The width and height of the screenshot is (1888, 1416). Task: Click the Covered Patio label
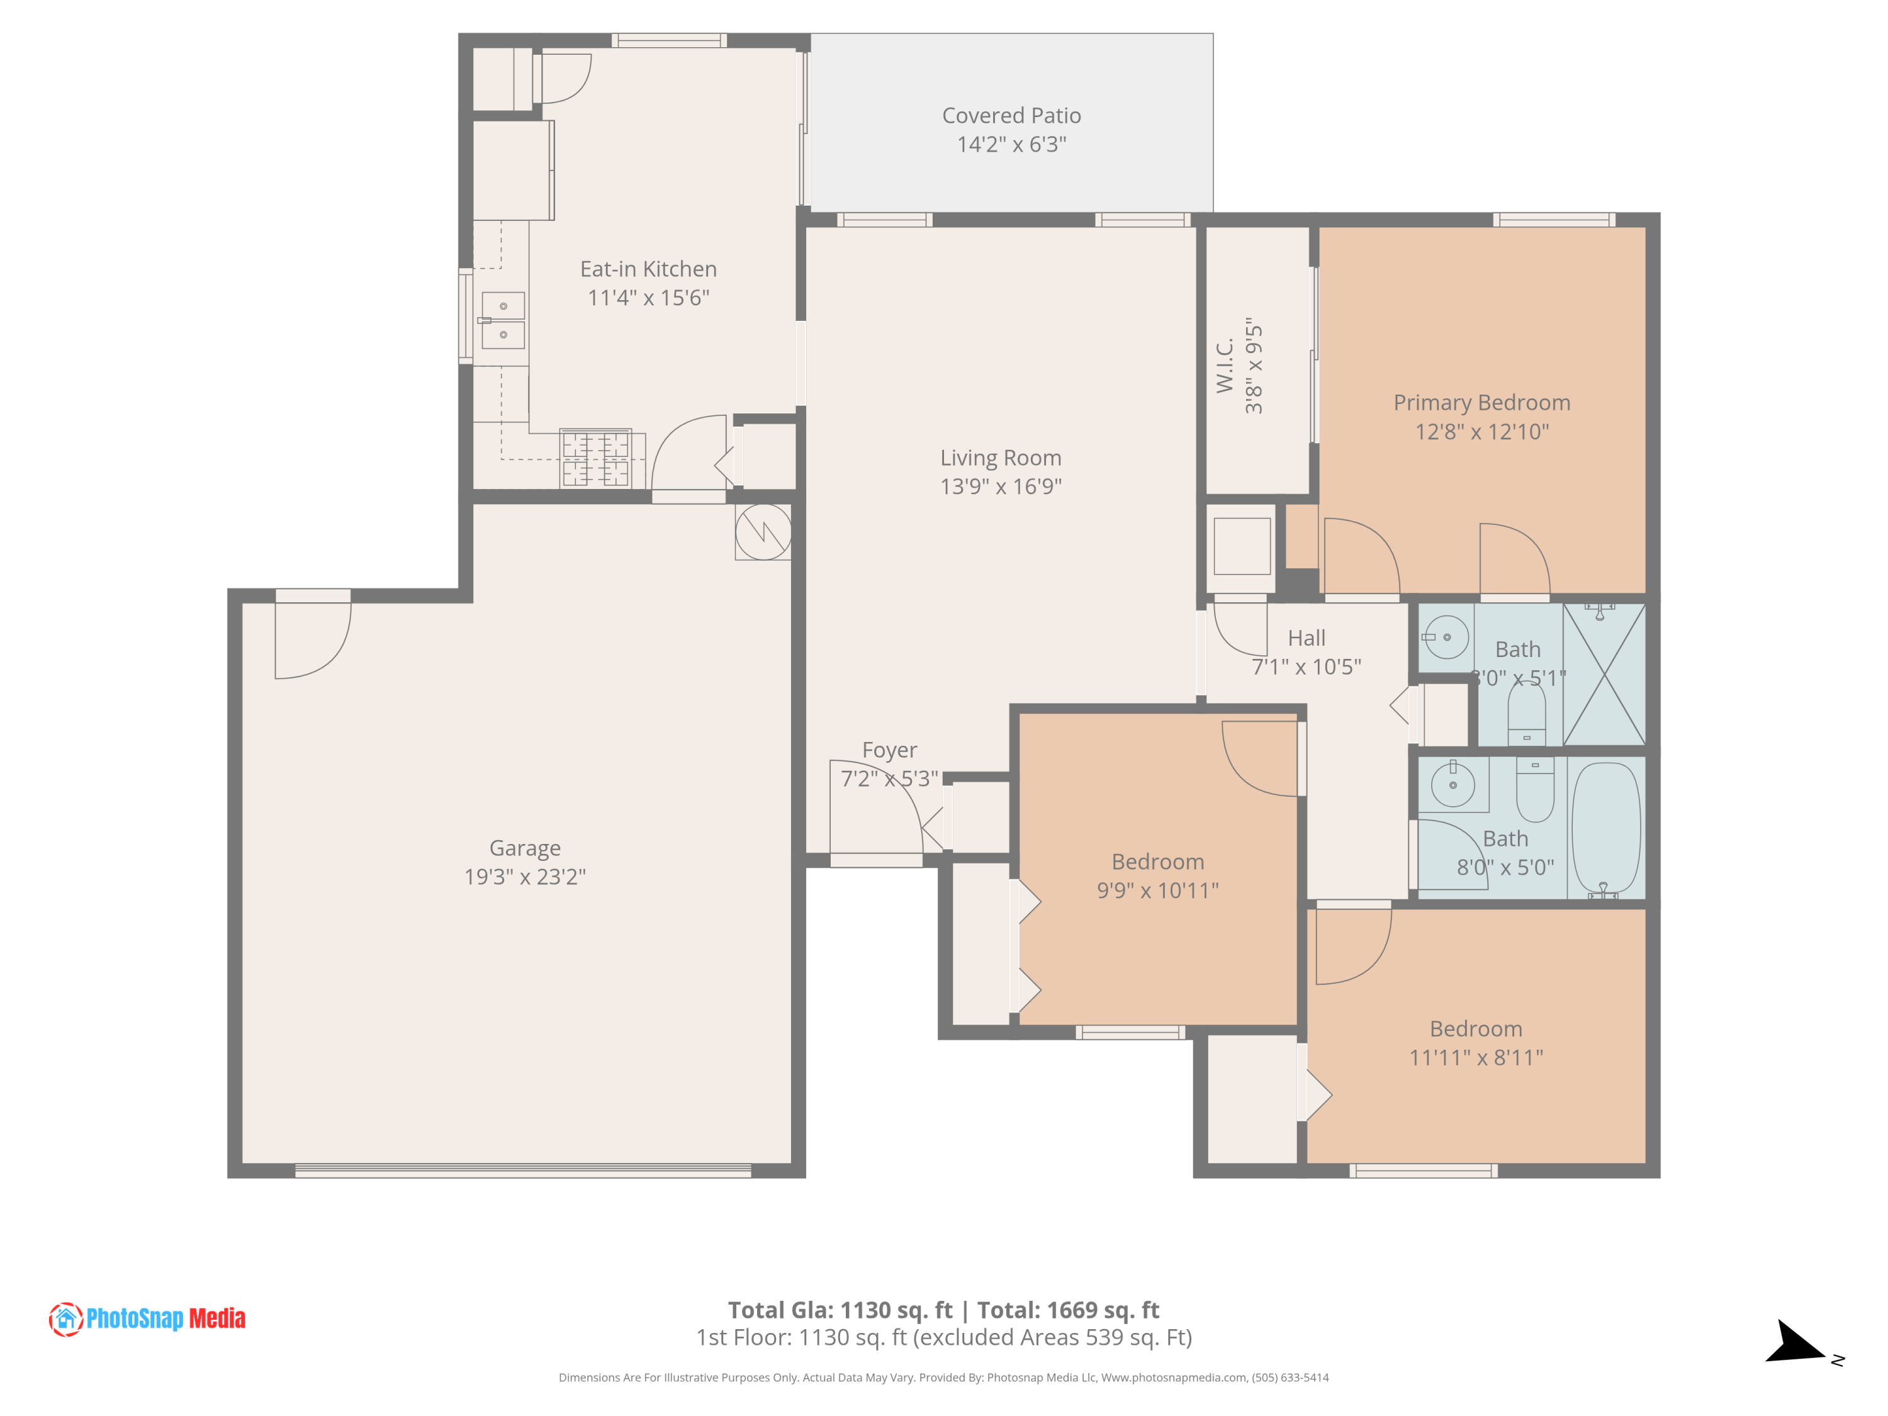(1011, 115)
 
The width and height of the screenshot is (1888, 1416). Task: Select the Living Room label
(1001, 458)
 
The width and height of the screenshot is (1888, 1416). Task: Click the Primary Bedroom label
(1481, 402)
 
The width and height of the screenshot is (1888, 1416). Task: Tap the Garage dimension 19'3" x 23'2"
(524, 877)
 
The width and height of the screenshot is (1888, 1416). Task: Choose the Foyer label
(889, 750)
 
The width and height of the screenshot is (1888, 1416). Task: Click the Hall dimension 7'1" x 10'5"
(1306, 666)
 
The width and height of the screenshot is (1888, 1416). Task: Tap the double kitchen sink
(503, 320)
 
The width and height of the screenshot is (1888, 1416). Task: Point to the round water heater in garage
(763, 532)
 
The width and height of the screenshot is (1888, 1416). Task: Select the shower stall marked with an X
(1604, 674)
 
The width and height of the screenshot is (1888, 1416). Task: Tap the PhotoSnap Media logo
(147, 1318)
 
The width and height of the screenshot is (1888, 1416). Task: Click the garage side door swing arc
(314, 640)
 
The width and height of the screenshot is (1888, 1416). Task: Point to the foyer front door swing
(879, 802)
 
